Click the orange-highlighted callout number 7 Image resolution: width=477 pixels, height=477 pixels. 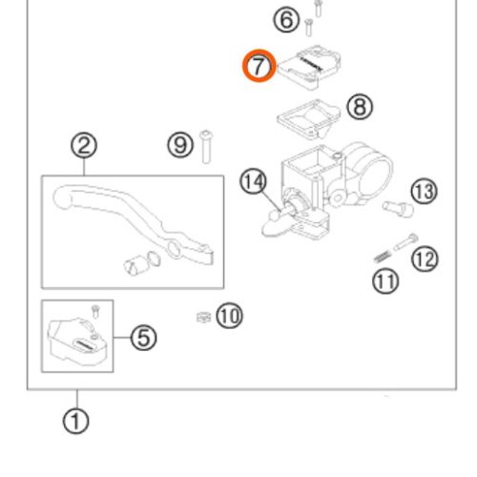coord(259,66)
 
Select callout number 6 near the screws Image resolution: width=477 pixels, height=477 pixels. coord(286,20)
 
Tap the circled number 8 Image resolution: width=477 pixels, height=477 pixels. coord(360,107)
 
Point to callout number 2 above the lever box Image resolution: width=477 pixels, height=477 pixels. coord(84,146)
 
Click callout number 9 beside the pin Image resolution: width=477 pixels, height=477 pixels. coord(180,145)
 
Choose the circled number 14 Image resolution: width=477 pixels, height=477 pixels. coord(253,181)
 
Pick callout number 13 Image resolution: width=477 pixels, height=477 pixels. coord(425,192)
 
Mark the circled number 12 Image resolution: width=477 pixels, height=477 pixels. coord(425,259)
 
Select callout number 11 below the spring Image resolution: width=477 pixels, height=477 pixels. coord(385,281)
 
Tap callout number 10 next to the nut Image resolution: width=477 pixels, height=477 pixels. coord(229,316)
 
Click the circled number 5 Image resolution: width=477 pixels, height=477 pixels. coord(143,338)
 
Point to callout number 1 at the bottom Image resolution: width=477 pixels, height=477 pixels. coord(75,421)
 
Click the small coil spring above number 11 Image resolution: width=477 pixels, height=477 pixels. coord(383,257)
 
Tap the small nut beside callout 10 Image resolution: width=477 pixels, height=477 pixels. coord(203,317)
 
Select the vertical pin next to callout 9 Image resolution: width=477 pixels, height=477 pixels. coord(206,147)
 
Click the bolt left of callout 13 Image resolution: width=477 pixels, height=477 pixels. coord(398,209)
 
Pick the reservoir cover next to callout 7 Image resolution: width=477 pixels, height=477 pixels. coord(309,67)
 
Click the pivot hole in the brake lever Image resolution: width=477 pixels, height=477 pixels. coord(174,249)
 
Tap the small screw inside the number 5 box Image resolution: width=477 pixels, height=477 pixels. coord(95,311)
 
